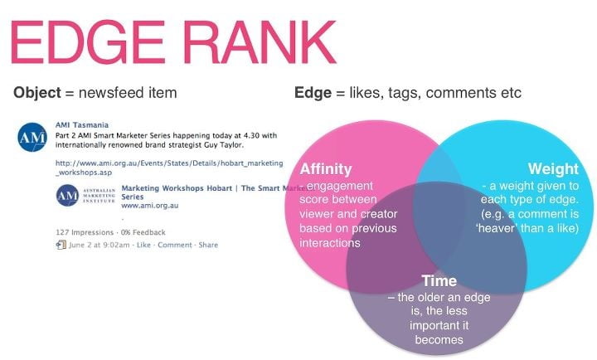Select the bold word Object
(36, 92)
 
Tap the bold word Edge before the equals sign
(313, 92)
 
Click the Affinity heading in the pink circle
(326, 168)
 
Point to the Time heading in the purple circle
(439, 280)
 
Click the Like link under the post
(143, 245)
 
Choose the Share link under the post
(208, 245)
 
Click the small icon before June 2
(61, 245)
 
